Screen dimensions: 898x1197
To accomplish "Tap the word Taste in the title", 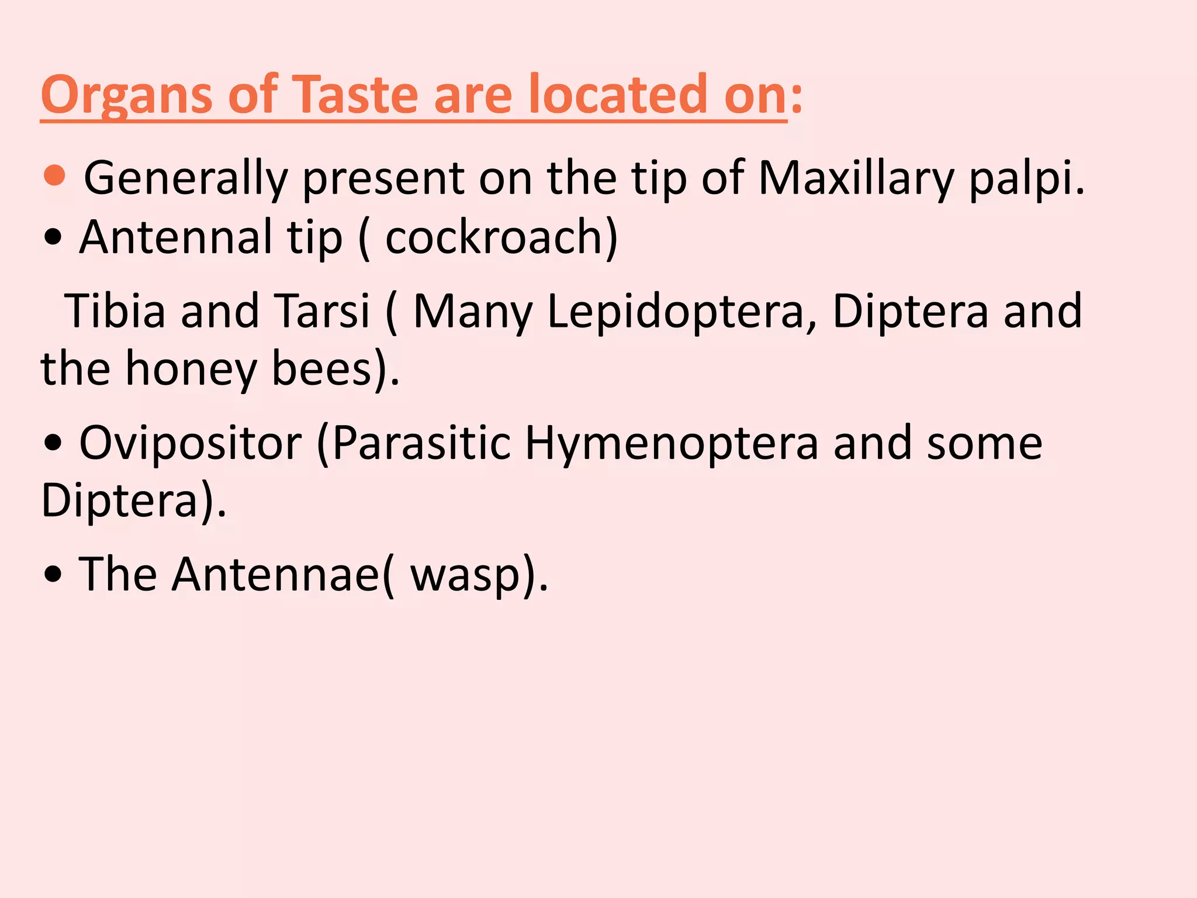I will click(357, 95).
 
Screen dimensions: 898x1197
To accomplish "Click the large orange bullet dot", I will click(54, 175).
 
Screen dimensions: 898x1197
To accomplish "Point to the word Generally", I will click(186, 178).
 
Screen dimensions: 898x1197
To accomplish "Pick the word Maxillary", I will click(856, 178).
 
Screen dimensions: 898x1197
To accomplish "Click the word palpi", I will click(1026, 178).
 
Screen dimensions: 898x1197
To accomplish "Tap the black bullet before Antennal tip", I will click(53, 238).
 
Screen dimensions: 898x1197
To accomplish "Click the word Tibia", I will click(115, 311).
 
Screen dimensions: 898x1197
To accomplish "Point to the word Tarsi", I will click(322, 311).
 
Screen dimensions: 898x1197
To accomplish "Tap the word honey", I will click(191, 369).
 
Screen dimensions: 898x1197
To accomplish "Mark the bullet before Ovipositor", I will click(53, 444).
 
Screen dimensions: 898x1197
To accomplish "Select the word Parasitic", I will click(421, 444).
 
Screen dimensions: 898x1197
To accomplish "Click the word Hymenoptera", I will click(672, 444).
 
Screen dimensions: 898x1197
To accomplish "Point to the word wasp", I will click(465, 576).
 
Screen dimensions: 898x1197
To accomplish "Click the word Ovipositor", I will click(191, 444).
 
